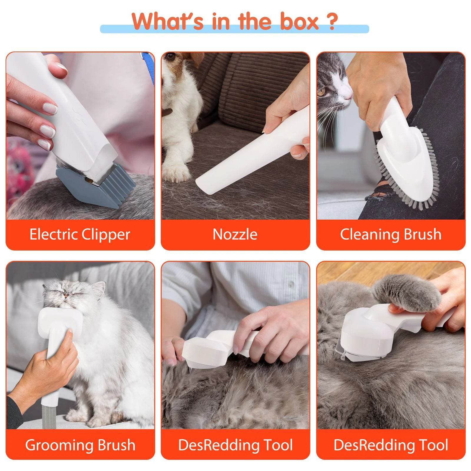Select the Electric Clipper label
point(80,235)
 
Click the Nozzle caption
point(235,235)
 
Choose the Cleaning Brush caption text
point(391,235)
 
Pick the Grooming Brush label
point(80,445)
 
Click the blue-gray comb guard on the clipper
point(97,188)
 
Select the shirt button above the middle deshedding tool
point(291,283)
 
